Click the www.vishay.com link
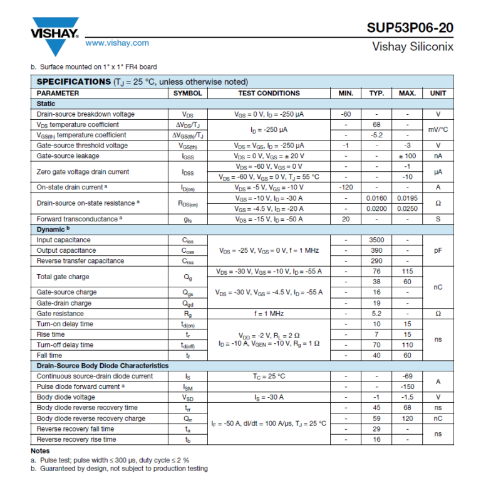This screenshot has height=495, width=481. click(117, 43)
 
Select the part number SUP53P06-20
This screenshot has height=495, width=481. click(410, 28)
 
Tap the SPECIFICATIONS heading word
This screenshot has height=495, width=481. click(73, 82)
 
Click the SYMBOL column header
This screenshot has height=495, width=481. click(187, 93)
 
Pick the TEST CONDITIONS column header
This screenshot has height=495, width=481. click(269, 93)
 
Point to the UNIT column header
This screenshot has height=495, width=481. click(438, 93)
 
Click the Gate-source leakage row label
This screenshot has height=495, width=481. click(68, 156)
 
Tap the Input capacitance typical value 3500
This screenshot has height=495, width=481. click(376, 240)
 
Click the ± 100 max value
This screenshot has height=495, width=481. click(407, 156)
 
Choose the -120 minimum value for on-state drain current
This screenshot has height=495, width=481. click(346, 187)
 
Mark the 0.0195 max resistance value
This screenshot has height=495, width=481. click(407, 198)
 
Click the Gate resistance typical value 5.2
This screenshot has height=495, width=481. click(376, 313)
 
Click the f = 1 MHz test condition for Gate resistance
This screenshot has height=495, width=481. click(269, 313)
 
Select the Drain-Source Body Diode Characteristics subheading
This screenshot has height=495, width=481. click(102, 365)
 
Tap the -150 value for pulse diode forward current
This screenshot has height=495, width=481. click(407, 386)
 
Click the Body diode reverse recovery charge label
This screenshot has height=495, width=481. click(91, 418)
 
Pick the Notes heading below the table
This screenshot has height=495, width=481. click(41, 450)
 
